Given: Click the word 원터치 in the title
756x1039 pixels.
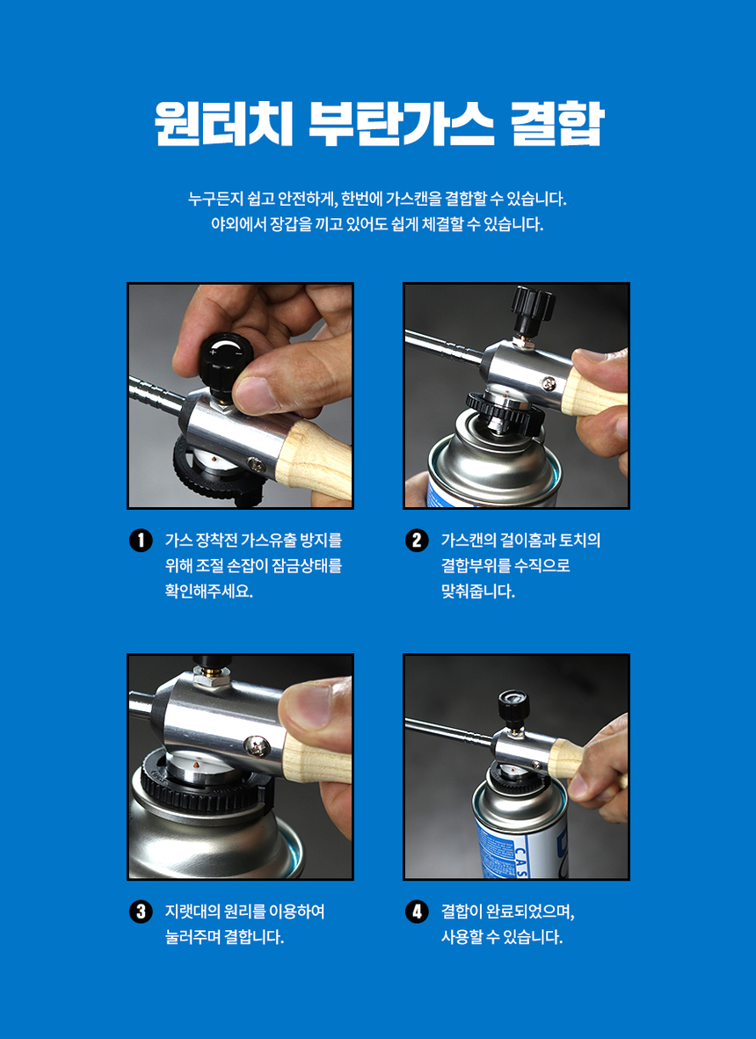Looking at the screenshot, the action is click(223, 123).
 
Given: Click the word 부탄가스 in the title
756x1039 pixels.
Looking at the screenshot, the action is click(401, 123).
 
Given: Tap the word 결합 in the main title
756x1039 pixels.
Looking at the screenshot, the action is click(557, 123).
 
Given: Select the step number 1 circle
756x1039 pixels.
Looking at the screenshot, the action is click(141, 541).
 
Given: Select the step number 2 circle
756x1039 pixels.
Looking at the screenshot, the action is click(416, 541).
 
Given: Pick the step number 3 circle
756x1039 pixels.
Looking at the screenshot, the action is click(141, 912).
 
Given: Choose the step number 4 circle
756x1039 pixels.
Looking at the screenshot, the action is click(416, 912).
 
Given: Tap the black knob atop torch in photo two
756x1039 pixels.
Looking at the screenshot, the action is click(532, 309).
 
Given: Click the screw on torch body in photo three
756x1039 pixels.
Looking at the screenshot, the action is click(257, 746).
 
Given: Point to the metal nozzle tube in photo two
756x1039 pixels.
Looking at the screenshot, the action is click(445, 348).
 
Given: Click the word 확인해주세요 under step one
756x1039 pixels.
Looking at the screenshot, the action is click(208, 592).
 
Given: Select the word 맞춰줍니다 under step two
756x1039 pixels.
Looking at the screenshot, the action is click(477, 592).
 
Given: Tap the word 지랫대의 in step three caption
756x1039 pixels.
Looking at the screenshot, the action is click(192, 912).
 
